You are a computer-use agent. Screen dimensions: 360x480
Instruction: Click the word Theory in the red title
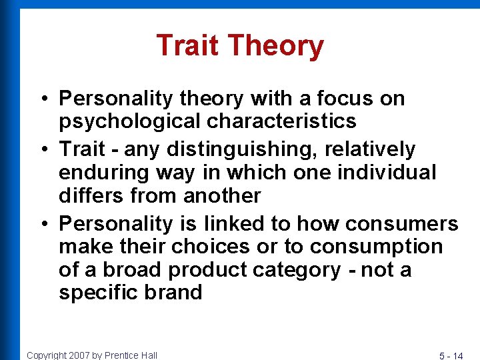275,47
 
